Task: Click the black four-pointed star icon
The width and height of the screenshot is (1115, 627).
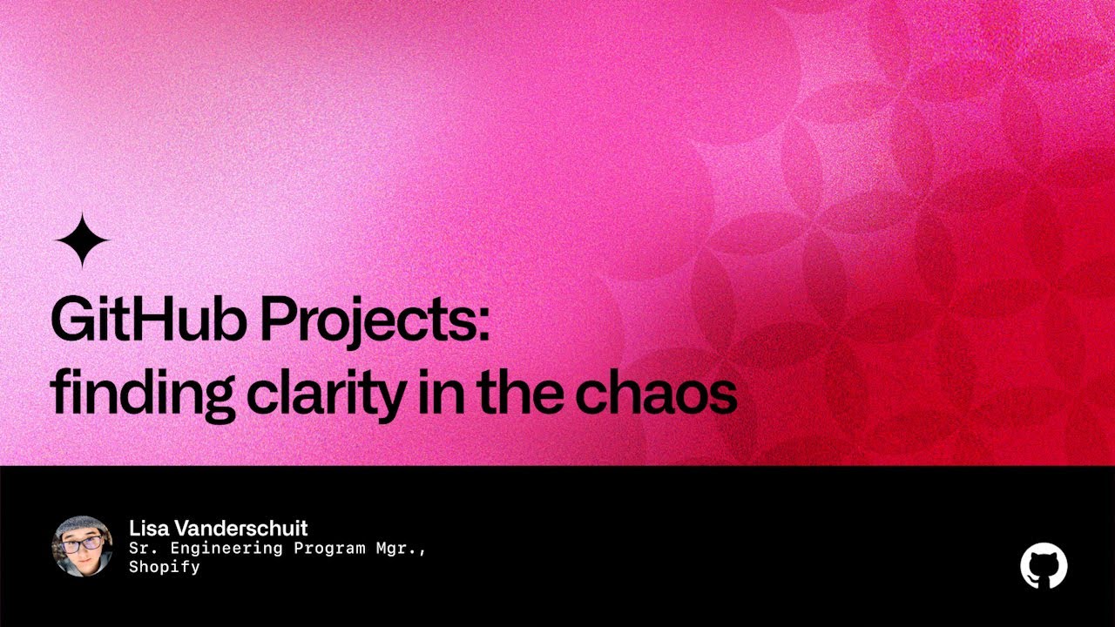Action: coord(82,240)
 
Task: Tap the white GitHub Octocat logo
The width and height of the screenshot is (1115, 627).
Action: coord(1044,566)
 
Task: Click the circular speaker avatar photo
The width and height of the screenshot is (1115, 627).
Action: coord(83,546)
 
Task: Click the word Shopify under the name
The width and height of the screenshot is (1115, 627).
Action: coord(165,567)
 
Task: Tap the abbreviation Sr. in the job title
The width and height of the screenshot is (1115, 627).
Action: coord(142,549)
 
